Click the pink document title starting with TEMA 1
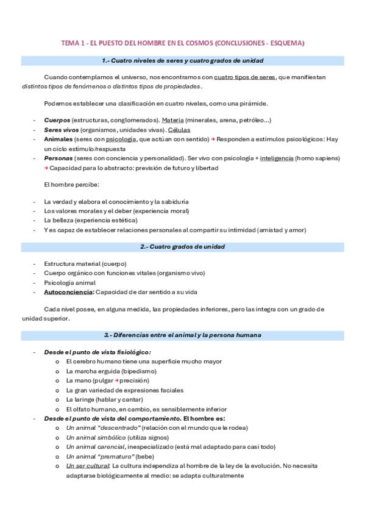(182, 43)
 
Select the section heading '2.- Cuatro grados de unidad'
(182, 246)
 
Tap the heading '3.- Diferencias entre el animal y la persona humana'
(182, 335)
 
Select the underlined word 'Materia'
(172, 121)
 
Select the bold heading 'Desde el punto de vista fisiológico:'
(97, 352)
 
